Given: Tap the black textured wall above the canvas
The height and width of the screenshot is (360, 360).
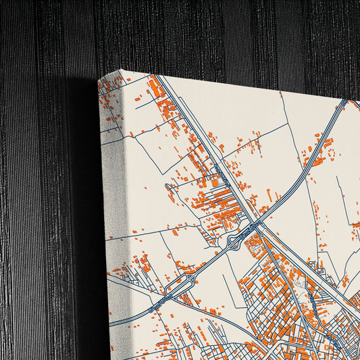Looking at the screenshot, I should point(203,34).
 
